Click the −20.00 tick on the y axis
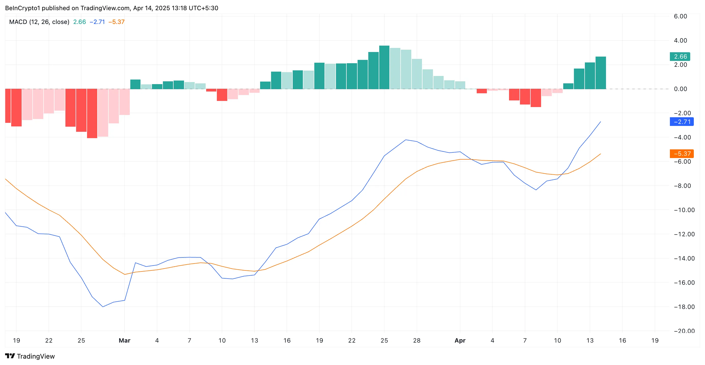click(684, 331)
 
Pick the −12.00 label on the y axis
click(684, 234)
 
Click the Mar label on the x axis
click(124, 341)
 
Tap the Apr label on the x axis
click(460, 341)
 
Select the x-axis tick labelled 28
click(417, 341)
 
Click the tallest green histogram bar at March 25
click(384, 67)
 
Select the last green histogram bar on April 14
click(600, 73)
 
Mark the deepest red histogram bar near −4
click(92, 113)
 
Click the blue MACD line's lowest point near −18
click(103, 307)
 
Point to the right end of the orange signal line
click(600, 154)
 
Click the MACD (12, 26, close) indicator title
click(39, 22)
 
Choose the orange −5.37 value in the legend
click(116, 22)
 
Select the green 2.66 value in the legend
click(79, 22)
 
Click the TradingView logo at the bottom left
click(30, 356)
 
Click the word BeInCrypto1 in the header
click(22, 8)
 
